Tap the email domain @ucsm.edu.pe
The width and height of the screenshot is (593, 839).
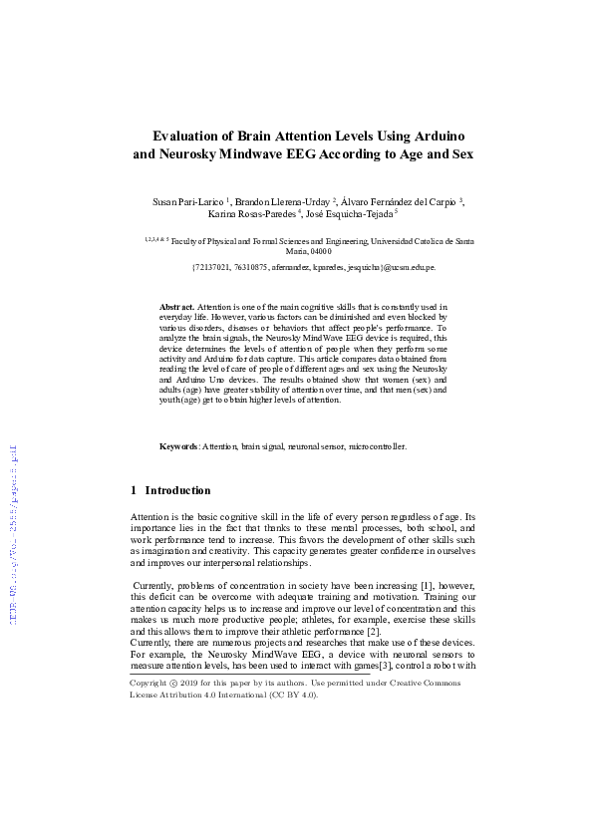pos(412,267)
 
